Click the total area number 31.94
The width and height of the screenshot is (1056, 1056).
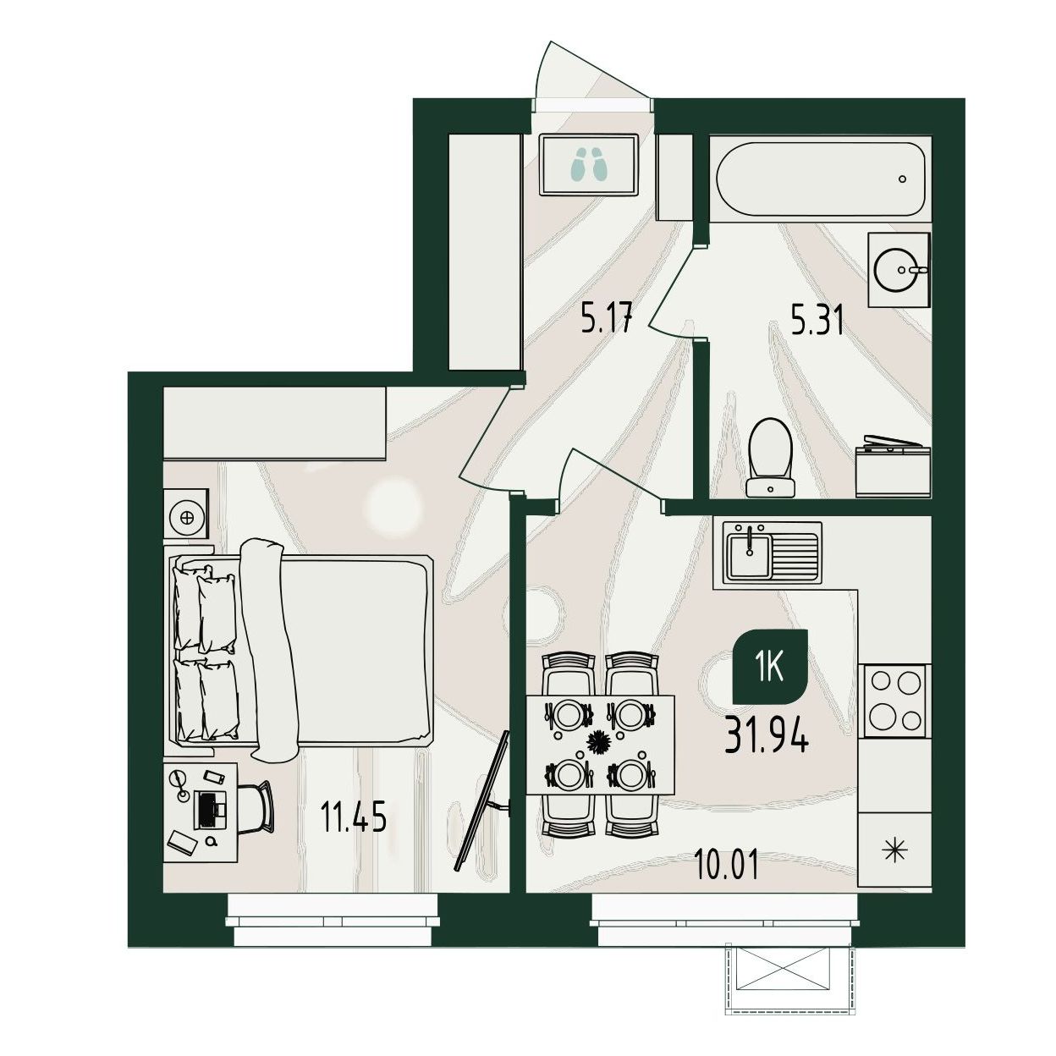pos(766,735)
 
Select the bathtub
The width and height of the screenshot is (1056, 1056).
pos(821,179)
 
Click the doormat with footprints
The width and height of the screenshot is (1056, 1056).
pos(589,165)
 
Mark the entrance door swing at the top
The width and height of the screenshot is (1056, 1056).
pos(591,72)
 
